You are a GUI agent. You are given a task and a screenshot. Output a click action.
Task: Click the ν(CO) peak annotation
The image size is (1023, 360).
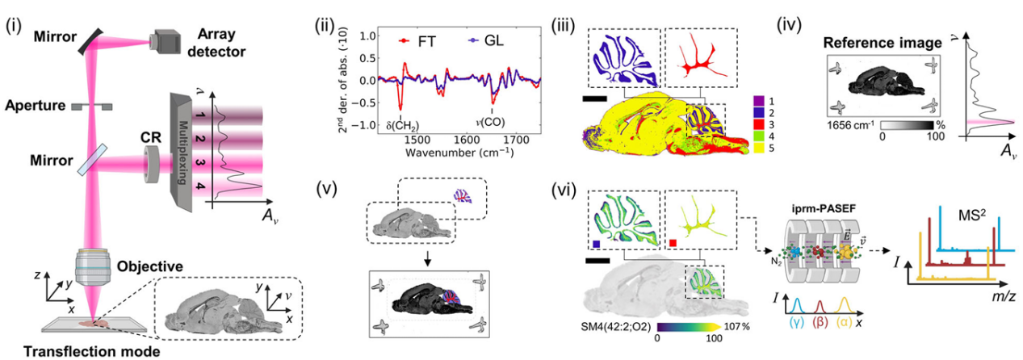coord(493,126)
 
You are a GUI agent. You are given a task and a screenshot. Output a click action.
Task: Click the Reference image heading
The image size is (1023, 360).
coord(875,42)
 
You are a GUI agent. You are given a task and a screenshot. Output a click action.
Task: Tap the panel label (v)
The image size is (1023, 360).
coord(329,196)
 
